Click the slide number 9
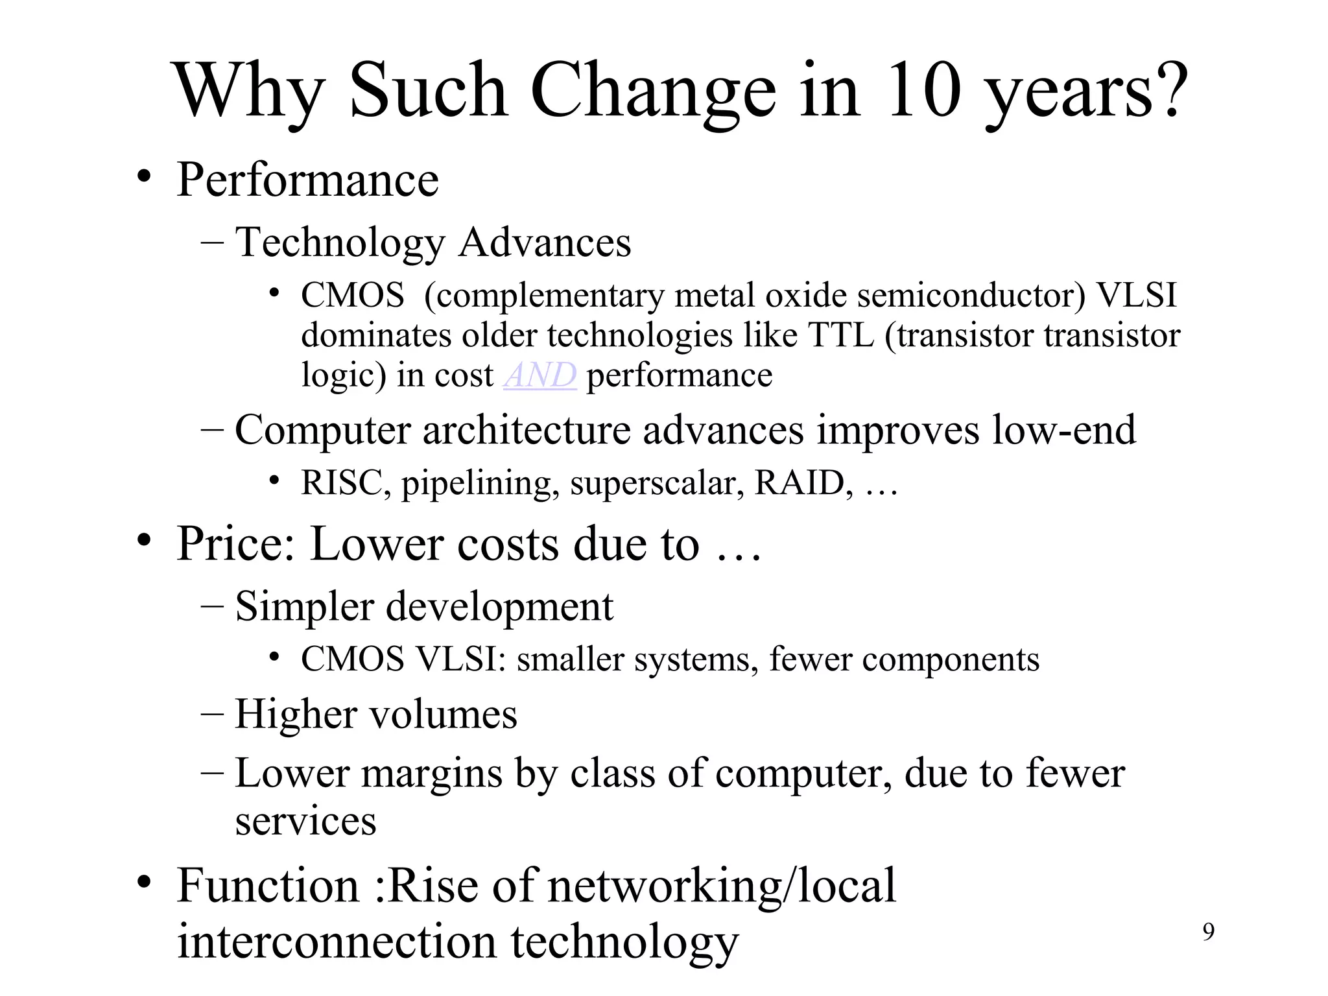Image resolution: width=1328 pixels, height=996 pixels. pyautogui.click(x=1209, y=932)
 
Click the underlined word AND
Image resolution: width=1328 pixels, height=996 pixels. pyautogui.click(x=539, y=375)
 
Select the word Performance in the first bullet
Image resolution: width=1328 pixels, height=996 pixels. pyautogui.click(x=307, y=180)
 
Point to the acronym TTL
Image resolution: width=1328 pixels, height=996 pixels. pyautogui.click(x=841, y=335)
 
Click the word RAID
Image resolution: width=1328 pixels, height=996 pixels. pyautogui.click(x=800, y=483)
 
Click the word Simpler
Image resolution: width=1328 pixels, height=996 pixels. pyautogui.click(x=304, y=607)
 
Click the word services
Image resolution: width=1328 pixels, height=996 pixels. pyautogui.click(x=305, y=822)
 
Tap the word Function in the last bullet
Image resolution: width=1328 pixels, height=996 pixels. pyautogui.click(x=267, y=886)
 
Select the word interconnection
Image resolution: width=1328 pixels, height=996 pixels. pyautogui.click(x=337, y=942)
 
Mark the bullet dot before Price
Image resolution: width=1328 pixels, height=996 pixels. pyautogui.click(x=144, y=541)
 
